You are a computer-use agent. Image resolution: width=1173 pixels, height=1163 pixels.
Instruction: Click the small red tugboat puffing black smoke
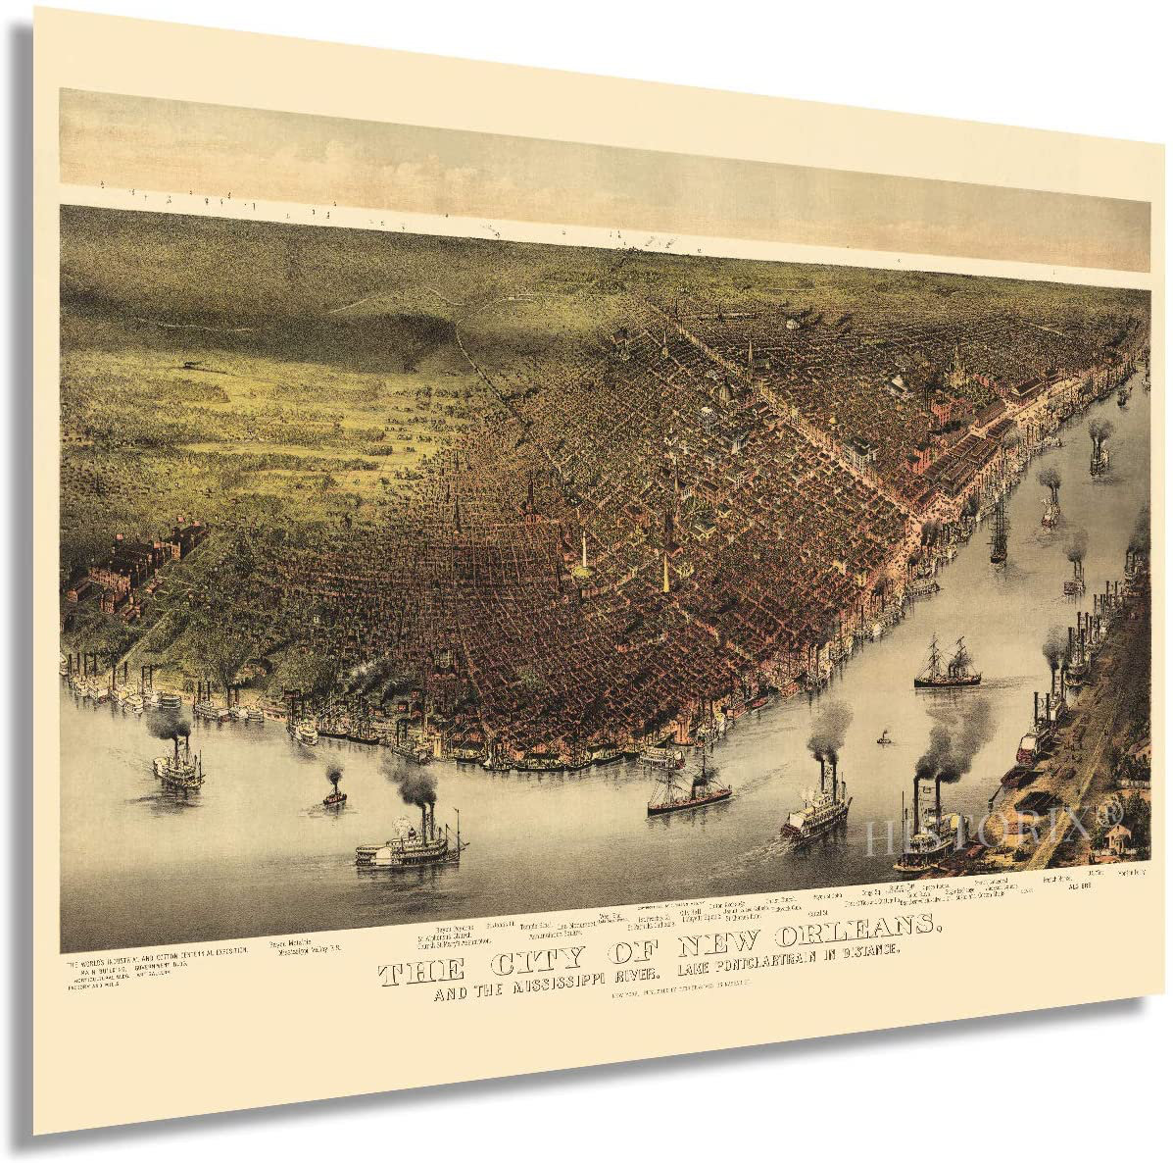click(x=334, y=795)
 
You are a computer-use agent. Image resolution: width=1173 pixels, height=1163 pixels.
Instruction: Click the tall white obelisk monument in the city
click(x=584, y=550)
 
